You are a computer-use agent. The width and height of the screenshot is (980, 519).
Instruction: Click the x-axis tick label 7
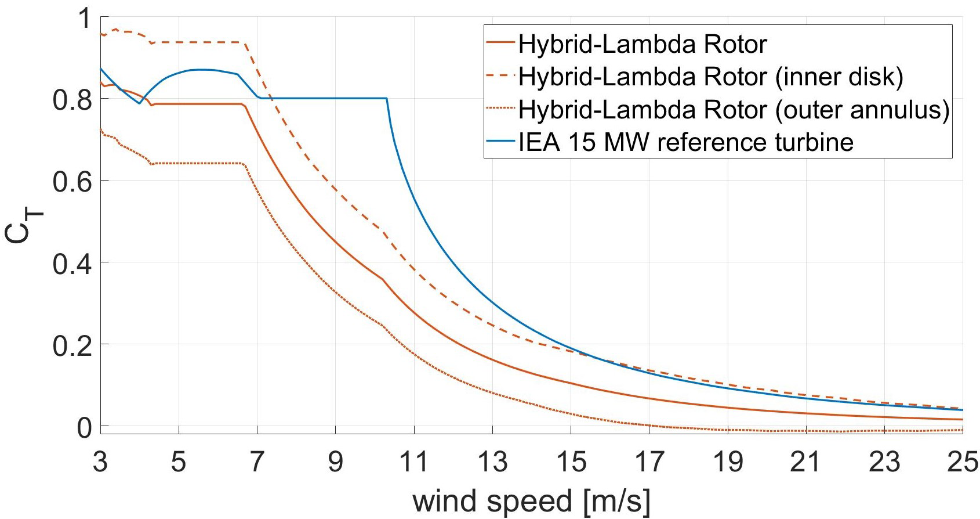(257, 462)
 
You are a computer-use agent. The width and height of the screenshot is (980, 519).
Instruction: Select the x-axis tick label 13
(492, 462)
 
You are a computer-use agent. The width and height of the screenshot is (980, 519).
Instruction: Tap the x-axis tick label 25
(963, 462)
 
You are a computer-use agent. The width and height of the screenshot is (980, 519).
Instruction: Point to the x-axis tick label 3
(100, 462)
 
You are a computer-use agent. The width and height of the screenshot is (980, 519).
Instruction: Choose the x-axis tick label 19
(727, 462)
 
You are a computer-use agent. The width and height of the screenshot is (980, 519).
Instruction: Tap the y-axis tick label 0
(85, 428)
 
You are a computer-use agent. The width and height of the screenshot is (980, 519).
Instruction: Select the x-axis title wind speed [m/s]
(531, 500)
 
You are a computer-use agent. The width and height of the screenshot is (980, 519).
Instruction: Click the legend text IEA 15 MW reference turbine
(686, 142)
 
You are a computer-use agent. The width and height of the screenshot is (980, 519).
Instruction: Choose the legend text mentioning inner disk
(711, 77)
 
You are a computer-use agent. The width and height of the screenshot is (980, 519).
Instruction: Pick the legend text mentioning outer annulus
(734, 109)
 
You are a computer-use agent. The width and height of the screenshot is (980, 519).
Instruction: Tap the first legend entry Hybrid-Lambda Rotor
(643, 44)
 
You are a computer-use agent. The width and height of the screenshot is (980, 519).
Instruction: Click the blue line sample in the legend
(500, 142)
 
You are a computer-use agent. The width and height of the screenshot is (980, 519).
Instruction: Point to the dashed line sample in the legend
(500, 77)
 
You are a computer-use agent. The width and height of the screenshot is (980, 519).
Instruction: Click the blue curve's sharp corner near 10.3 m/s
(387, 99)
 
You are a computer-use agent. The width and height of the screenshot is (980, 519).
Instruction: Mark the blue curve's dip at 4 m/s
(140, 103)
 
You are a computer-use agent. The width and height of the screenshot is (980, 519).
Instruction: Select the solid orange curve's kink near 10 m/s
(383, 279)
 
